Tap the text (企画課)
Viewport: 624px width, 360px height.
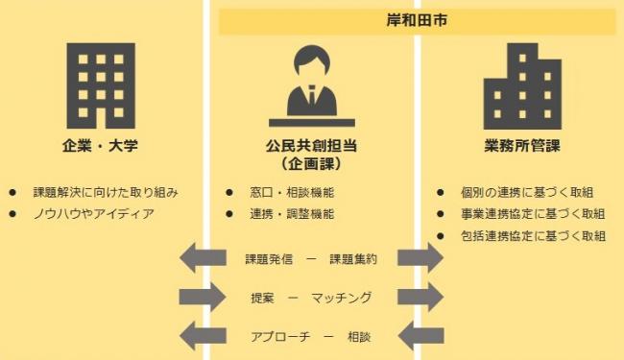311,164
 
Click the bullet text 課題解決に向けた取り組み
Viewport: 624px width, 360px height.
106,192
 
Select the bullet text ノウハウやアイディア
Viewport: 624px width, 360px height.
93,213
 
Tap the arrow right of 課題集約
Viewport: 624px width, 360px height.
420,257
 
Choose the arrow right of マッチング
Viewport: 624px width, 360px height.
420,297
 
